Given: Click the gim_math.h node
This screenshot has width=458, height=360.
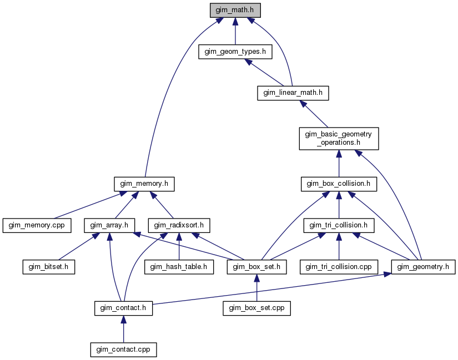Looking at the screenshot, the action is [x=235, y=10].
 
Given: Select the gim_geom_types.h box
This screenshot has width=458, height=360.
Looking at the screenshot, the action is [x=235, y=52].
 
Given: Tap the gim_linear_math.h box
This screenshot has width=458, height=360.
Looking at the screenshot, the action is [x=293, y=93].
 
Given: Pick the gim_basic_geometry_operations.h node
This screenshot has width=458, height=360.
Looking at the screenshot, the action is [x=339, y=138].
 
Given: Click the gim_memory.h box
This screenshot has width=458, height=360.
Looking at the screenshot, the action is [x=144, y=184].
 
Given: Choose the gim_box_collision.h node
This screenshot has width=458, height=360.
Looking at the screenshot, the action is [x=339, y=184].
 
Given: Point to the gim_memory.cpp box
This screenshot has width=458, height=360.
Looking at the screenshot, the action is [x=37, y=225].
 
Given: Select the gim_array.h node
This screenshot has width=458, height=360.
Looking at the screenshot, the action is [x=109, y=225].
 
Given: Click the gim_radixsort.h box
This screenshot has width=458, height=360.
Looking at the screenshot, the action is [x=179, y=225].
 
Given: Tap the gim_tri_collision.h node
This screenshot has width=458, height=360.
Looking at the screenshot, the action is [x=339, y=225].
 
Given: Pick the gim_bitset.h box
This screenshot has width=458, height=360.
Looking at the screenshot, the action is [x=49, y=267].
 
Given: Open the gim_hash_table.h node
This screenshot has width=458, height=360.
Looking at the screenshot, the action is [x=179, y=267].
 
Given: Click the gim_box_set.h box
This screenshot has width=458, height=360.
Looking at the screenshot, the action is [x=256, y=267].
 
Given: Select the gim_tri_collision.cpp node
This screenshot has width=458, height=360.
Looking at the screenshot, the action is [x=339, y=267].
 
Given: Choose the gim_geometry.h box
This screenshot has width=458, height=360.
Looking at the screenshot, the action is [x=423, y=267].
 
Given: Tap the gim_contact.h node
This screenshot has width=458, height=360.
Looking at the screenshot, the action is [x=124, y=308].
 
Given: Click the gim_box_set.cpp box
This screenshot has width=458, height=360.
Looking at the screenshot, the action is [x=256, y=308].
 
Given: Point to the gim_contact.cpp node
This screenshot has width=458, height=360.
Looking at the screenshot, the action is [x=124, y=349].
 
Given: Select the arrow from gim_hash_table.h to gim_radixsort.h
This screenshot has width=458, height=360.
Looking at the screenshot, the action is [x=179, y=246].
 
